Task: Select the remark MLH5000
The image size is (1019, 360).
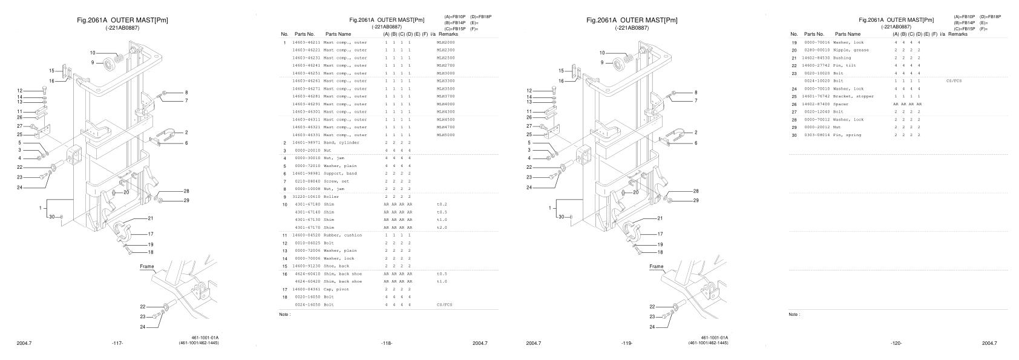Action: pyautogui.click(x=445, y=135)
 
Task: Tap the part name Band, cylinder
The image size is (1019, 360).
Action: pyautogui.click(x=341, y=143)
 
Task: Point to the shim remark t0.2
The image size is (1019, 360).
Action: pyautogui.click(x=441, y=205)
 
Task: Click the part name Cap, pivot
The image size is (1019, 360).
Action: pyautogui.click(x=336, y=289)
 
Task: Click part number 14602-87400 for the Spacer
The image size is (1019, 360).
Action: pyautogui.click(x=814, y=104)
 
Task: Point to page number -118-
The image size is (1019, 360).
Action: pyautogui.click(x=386, y=343)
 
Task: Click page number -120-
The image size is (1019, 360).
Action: pyautogui.click(x=896, y=343)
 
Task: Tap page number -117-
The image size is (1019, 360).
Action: pyautogui.click(x=117, y=343)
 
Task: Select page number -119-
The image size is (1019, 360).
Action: pyautogui.click(x=627, y=343)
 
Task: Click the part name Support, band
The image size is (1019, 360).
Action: pyautogui.click(x=340, y=174)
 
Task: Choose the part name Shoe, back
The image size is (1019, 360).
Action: pyautogui.click(x=336, y=266)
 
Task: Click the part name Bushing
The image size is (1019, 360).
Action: pyautogui.click(x=842, y=58)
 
